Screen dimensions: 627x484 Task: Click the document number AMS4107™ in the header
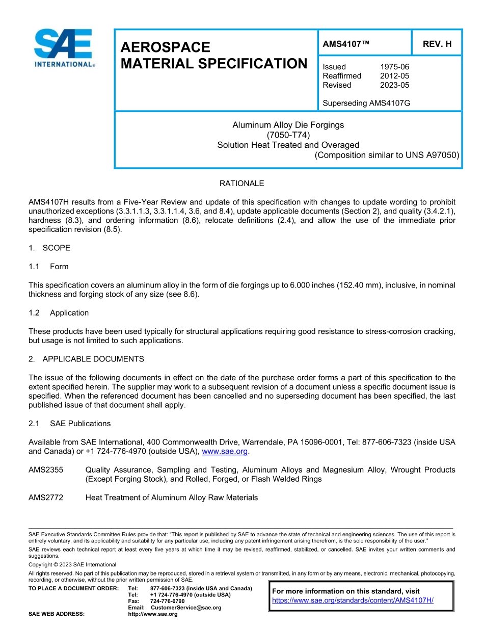(x=346, y=44)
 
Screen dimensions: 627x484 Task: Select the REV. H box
(x=437, y=44)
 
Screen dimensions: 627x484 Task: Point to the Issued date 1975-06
(x=394, y=67)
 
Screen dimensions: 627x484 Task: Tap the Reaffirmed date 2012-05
(x=394, y=76)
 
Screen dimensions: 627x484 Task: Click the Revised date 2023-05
(x=394, y=85)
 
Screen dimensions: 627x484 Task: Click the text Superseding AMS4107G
(x=366, y=103)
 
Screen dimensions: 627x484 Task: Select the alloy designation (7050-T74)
(x=288, y=135)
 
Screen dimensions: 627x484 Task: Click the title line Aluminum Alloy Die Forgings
(x=288, y=125)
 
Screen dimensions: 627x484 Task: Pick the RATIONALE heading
(x=241, y=184)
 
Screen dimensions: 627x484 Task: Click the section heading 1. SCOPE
(x=49, y=248)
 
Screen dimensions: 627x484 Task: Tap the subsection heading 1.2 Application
(x=59, y=313)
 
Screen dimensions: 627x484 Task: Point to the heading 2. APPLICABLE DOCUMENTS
(x=86, y=359)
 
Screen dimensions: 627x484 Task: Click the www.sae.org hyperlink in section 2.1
(x=225, y=452)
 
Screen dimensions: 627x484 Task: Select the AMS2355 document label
(x=46, y=470)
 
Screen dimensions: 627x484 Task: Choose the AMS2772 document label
(x=46, y=498)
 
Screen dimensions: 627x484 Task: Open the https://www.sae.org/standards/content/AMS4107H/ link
(x=353, y=600)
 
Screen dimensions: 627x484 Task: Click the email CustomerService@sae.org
(x=186, y=608)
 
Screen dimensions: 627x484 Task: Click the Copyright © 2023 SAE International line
(x=72, y=565)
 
